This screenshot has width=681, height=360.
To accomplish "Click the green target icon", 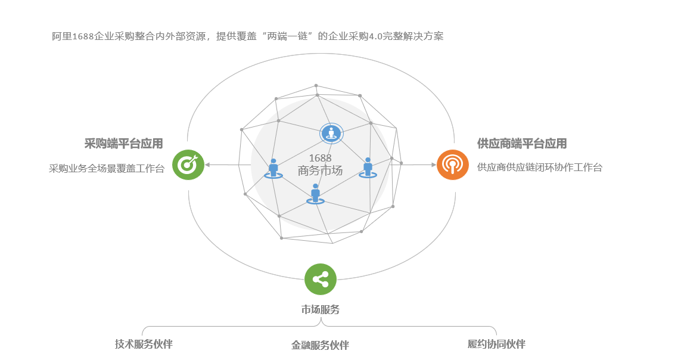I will pos(188,165).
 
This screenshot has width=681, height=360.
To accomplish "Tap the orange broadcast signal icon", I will pos(453,165).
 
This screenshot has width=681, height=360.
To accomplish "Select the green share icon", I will pos(321,279).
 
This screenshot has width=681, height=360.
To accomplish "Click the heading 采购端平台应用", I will pos(123,144).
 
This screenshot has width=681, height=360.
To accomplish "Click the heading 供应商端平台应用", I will pos(522,144).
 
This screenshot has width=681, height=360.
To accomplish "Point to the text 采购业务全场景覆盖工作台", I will pos(107,168).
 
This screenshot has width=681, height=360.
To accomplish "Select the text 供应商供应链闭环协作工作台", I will pos(540,167).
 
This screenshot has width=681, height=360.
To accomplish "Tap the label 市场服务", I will pos(321,310).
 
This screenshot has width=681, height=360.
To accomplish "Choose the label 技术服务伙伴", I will pos(144,344).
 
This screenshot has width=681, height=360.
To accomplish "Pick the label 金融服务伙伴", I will pos(320,345).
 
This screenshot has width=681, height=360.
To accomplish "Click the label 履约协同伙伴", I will pos(496,344).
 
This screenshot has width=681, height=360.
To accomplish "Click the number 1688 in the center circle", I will pos(320,158).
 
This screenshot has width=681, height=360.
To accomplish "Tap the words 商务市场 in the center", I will pos(321,171).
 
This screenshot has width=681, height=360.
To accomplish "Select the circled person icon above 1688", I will pos(331,133).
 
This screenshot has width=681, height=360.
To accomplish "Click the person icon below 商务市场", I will pos(316,193).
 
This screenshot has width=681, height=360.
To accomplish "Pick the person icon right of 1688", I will pos(368,167).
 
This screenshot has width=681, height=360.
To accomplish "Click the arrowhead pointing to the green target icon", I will pos(207,165).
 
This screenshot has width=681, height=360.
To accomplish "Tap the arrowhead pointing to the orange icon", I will pos(434,164).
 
